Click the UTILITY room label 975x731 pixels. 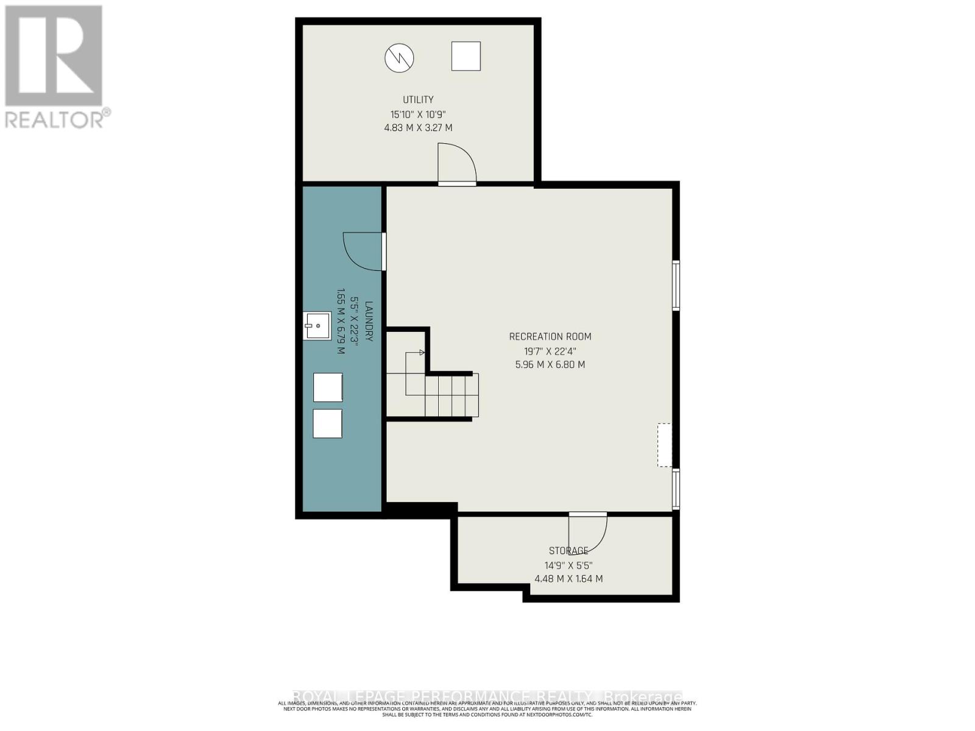coord(418,99)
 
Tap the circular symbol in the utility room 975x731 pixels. coord(399,58)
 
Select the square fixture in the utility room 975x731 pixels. coord(466,56)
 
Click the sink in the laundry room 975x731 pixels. coord(317,326)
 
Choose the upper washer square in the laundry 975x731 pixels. coord(327,387)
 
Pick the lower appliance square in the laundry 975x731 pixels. coord(327,423)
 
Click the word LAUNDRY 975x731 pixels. coord(369,321)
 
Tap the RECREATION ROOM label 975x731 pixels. coord(550,336)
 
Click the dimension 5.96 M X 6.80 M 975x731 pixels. coord(550,364)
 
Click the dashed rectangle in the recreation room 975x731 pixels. coord(664,445)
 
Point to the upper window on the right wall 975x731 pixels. coord(676,285)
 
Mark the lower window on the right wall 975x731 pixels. coord(676,489)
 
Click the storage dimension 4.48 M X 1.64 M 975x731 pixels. coord(569,579)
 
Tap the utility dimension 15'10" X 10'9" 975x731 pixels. coord(422,114)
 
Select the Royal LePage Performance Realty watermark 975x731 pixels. coord(487,696)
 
